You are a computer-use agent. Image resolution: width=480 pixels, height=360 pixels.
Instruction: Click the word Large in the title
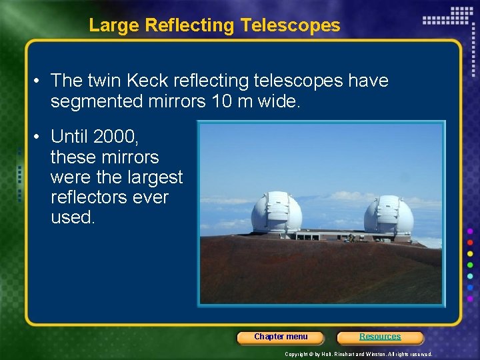[x=114, y=25]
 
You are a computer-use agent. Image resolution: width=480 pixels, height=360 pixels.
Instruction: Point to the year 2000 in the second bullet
[x=114, y=137]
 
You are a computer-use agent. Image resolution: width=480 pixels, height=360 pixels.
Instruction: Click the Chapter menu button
[x=281, y=337]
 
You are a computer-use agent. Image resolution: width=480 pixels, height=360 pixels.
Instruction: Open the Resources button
[x=380, y=337]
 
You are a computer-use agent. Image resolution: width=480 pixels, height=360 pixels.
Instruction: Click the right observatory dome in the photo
[x=389, y=215]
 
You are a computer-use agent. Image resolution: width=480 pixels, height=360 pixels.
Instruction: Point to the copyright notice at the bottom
[x=358, y=354]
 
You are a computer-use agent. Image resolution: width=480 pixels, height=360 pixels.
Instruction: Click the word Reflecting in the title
[x=190, y=25]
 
